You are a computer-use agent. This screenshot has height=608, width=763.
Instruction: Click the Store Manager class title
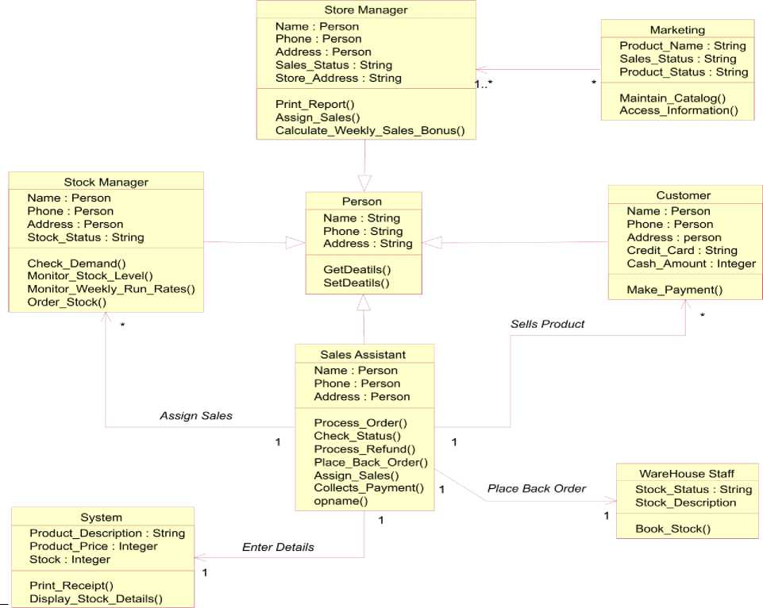(366, 10)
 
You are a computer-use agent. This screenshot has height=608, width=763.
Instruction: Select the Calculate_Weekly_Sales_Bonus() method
(370, 130)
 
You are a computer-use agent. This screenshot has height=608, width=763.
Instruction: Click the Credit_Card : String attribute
(682, 251)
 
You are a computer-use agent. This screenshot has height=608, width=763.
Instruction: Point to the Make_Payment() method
(674, 290)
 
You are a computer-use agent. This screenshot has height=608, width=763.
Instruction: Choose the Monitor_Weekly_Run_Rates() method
(111, 289)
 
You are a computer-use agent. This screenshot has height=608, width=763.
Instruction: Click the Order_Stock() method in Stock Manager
(67, 302)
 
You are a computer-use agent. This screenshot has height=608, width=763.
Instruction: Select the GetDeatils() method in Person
(356, 270)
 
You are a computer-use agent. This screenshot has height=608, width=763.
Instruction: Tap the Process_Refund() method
(364, 449)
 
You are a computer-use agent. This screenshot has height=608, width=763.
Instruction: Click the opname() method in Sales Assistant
(341, 501)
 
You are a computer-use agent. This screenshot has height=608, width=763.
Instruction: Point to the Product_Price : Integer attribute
(94, 546)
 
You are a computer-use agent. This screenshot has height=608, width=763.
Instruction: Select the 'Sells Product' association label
(547, 324)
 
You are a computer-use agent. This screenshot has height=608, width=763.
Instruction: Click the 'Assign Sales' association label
(196, 415)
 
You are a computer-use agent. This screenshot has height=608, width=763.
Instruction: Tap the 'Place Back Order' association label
(537, 488)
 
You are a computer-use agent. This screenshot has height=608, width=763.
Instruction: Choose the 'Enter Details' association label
(278, 547)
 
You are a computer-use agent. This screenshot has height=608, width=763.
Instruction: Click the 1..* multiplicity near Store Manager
(484, 84)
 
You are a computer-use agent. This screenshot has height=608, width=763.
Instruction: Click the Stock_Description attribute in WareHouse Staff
(685, 502)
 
